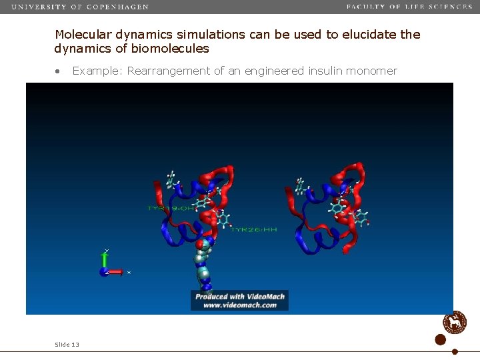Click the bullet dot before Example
[59, 71]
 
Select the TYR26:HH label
[254, 229]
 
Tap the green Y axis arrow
[105, 259]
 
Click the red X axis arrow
[115, 272]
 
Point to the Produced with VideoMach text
[239, 297]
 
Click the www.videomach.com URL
[239, 305]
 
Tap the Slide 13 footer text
[67, 344]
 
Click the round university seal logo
[455, 322]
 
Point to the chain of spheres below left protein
[203, 263]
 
